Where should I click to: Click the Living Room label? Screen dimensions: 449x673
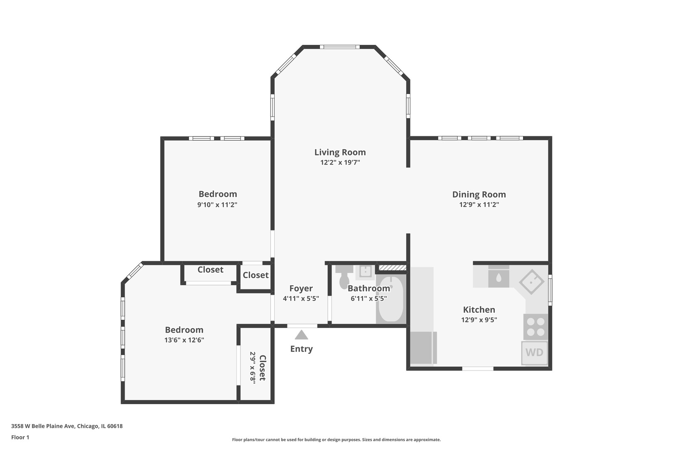[340, 153]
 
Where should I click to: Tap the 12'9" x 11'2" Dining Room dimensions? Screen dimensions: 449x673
[479, 205]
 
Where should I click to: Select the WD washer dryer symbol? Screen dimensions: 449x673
[534, 353]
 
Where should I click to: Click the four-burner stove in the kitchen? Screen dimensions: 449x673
[535, 327]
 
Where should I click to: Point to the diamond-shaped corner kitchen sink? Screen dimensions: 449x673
[532, 282]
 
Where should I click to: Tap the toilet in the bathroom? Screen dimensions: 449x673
[344, 276]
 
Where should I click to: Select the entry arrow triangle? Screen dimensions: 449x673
[302, 335]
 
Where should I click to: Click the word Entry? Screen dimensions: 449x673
[301, 349]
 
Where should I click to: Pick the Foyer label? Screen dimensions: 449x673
[301, 289]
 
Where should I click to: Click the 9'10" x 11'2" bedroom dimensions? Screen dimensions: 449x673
[217, 205]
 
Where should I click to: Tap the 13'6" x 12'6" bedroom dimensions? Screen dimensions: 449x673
[184, 340]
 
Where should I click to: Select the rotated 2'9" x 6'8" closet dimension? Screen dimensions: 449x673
[253, 367]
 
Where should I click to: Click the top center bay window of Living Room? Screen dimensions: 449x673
[339, 47]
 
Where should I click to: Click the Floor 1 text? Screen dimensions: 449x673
[20, 437]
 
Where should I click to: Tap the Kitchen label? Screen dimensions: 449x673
[479, 310]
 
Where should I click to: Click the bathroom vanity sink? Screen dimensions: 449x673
[366, 271]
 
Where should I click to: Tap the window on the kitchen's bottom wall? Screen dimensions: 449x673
[478, 368]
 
